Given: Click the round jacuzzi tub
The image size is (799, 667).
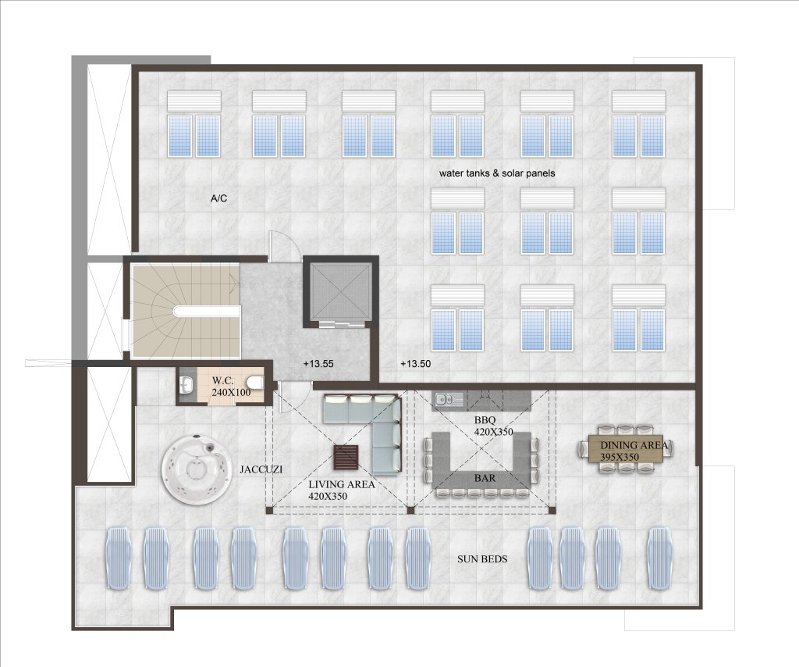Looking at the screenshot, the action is point(194,469).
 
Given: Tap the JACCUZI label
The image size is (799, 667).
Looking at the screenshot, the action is point(261,469).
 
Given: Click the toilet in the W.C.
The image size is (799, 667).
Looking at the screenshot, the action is point(254,382).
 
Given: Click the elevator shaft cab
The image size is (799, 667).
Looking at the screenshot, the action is point(340,293).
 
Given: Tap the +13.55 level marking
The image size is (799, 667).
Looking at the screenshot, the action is point(318,364).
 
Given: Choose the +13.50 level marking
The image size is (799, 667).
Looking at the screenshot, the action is point(415,364).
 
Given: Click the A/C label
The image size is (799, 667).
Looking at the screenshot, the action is point(218,198).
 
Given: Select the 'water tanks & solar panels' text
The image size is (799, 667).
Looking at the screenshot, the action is point(497,173).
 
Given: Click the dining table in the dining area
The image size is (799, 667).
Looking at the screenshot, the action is point(626,448).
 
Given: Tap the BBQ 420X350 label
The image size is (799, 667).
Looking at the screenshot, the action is point(493,426).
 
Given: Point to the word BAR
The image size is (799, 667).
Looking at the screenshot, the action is point(485,478).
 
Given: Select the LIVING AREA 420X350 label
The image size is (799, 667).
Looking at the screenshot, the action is point(342,490).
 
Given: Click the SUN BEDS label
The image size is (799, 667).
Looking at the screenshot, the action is point(482,559).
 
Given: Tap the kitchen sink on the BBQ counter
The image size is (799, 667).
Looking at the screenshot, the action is point(449,400).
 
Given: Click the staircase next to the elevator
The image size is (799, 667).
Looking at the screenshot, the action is point(186,311).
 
